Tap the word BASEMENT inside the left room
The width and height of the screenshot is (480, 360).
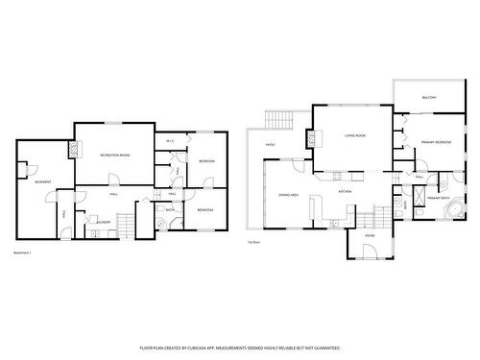coord(42,181)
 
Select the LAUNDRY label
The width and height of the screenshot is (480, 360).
coord(103,222)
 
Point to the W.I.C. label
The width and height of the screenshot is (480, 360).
coord(169,142)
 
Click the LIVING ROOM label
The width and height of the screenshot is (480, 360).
coord(355,136)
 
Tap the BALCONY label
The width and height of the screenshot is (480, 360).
coord(429,97)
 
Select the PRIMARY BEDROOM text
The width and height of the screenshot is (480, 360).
coord(435,142)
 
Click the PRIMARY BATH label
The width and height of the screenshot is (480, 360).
coord(438,197)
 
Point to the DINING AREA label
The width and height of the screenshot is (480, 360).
coord(288,195)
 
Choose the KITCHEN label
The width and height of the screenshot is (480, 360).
coord(345,192)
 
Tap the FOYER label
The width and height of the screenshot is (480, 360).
coord(369,234)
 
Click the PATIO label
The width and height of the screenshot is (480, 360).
coord(272,146)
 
